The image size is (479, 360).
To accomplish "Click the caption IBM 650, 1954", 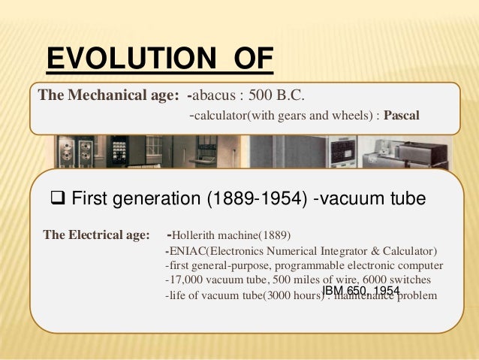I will point(361,290).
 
